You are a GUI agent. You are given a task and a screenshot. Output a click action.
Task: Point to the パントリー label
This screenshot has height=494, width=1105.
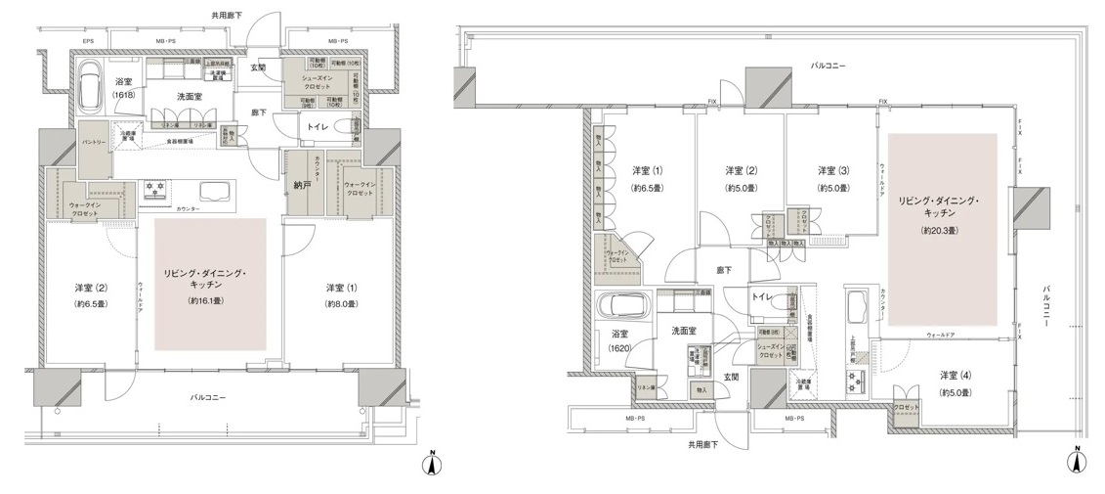(94, 141)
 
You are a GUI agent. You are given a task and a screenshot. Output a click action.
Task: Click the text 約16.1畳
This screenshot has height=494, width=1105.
(207, 301)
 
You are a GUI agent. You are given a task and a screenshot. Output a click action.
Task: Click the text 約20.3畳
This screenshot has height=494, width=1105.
(943, 232)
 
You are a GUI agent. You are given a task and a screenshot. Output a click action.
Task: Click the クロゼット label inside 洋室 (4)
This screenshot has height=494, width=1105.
(907, 408)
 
